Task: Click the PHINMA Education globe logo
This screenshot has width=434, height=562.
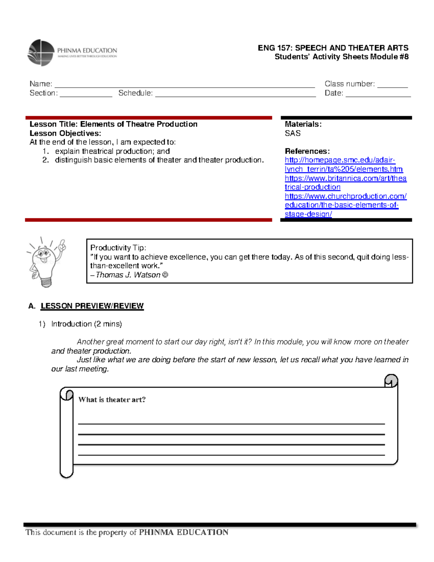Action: pos(41,53)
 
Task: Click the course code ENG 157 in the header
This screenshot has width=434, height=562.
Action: pos(275,48)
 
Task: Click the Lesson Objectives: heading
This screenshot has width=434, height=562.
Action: pos(65,133)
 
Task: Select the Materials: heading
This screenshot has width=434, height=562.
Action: pos(303,124)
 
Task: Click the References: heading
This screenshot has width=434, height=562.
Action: pos(307,151)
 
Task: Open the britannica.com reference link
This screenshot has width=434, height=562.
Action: pos(345,178)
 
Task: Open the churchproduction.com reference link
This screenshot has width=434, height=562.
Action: pos(345,197)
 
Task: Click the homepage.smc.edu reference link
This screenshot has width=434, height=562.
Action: pos(340,160)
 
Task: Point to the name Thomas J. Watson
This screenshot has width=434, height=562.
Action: pos(128,275)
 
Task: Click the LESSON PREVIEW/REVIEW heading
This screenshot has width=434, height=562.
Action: pos(92,306)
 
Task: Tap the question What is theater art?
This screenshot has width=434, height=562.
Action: pos(112,400)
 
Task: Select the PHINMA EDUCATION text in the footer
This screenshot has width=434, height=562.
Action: pos(184,532)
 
